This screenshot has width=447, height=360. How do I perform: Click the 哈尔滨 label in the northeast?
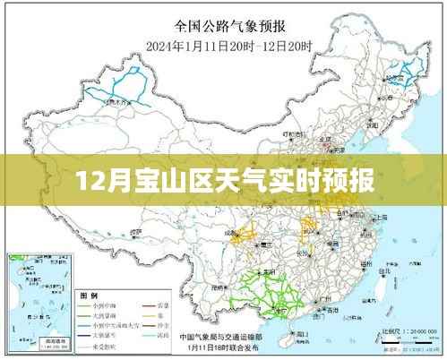[391, 78]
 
